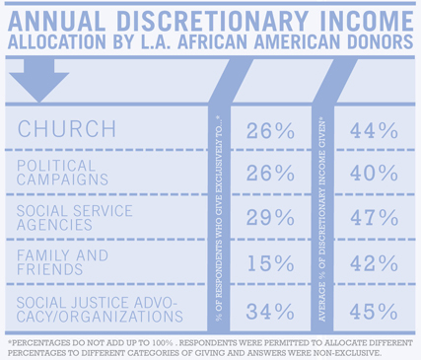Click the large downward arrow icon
[38, 81]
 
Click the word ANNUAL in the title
[56, 22]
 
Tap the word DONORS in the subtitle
[380, 41]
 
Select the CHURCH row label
[67, 128]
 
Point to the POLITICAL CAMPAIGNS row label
[62, 173]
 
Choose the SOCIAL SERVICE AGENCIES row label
[75, 218]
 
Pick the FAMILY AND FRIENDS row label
[62, 262]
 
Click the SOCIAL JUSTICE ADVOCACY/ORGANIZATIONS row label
[100, 310]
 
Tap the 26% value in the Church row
[270, 131]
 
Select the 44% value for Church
[374, 130]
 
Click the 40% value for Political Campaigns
[374, 173]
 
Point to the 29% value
[270, 218]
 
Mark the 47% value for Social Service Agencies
[374, 218]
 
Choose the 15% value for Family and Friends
[270, 263]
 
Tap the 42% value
[374, 263]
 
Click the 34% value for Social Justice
[270, 312]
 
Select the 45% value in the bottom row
[374, 312]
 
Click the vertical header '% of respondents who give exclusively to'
[219, 218]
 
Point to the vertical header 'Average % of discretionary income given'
[321, 220]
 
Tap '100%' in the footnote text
[163, 343]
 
